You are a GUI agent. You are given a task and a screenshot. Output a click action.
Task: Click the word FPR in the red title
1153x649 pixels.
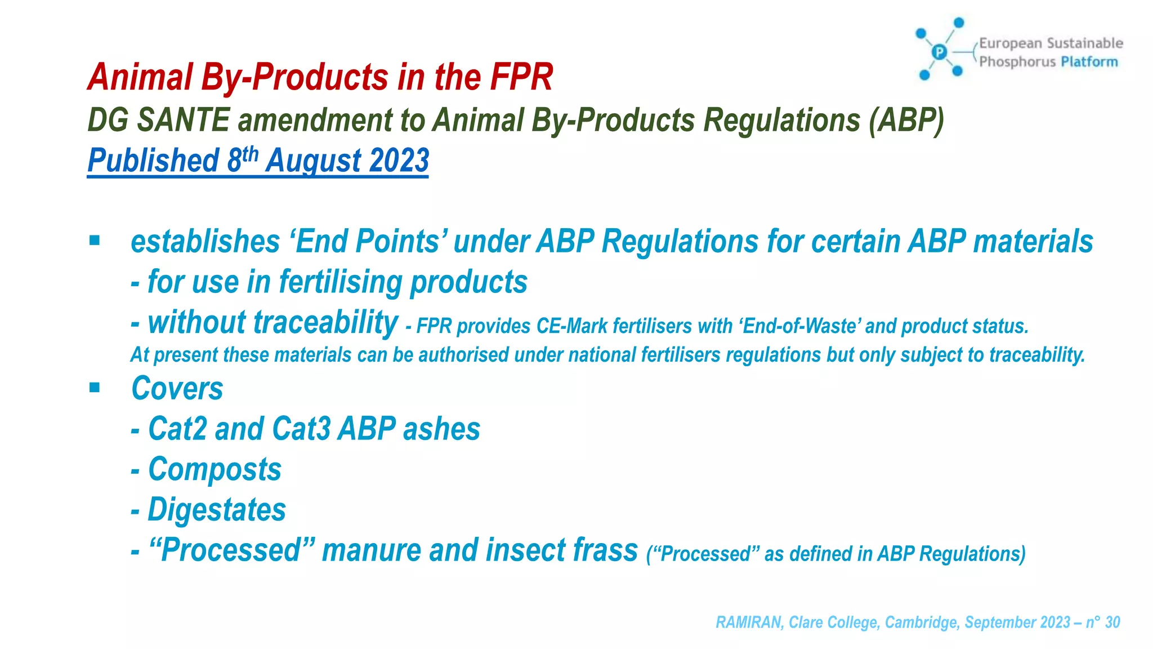click(x=521, y=77)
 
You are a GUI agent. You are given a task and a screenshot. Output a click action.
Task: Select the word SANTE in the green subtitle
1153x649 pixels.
click(x=183, y=121)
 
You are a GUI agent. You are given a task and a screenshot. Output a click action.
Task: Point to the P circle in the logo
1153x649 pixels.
click(x=939, y=52)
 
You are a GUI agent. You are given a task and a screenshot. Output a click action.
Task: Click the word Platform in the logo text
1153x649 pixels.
click(x=1089, y=62)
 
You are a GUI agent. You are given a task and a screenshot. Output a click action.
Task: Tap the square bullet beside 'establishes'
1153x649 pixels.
click(x=95, y=241)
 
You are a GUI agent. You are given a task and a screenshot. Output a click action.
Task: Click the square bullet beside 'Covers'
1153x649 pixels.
click(x=95, y=388)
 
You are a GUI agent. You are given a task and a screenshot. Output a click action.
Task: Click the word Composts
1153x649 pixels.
click(x=214, y=469)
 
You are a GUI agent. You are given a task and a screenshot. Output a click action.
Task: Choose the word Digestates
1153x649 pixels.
click(x=217, y=510)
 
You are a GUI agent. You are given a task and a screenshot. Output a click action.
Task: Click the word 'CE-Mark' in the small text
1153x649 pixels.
click(x=572, y=326)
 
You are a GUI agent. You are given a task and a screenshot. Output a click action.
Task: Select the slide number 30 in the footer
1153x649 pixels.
click(x=1112, y=622)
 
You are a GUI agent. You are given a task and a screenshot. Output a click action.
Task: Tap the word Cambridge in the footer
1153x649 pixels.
click(x=922, y=622)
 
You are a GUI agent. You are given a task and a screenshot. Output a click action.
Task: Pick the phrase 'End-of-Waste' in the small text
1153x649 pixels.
click(x=799, y=326)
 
